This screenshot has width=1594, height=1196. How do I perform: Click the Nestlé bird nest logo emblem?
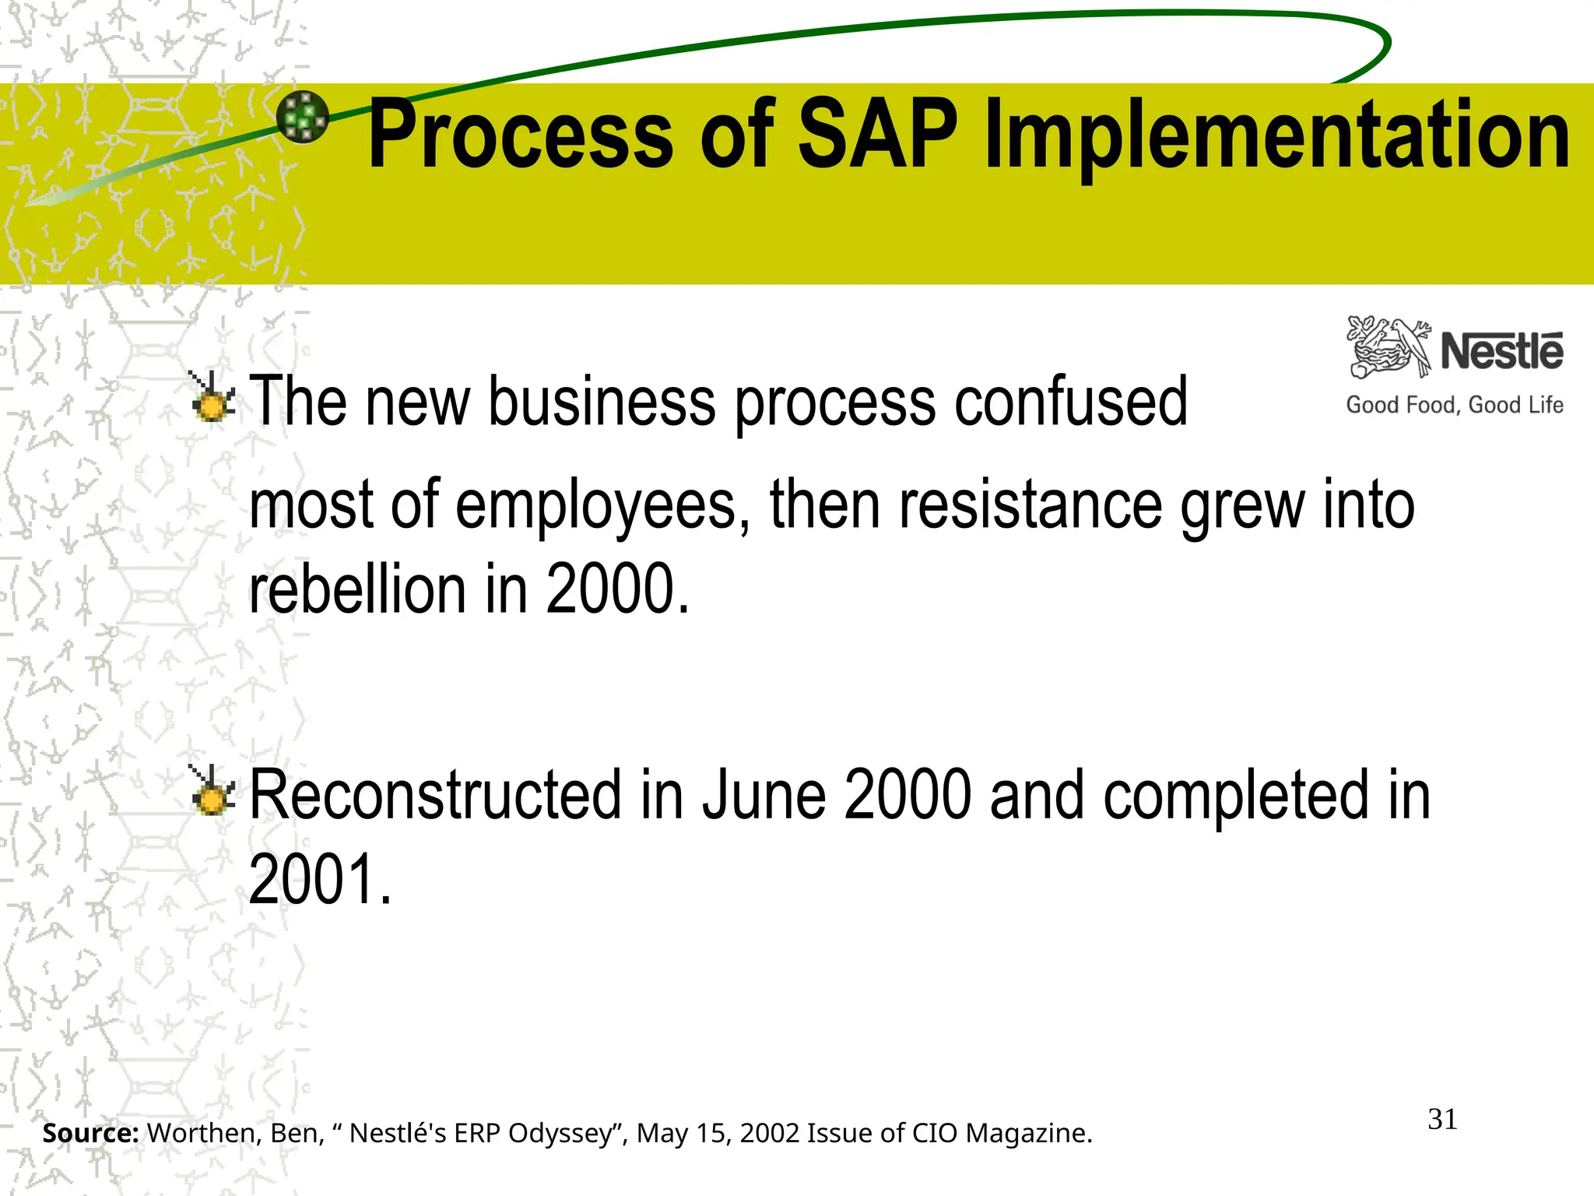point(1389,347)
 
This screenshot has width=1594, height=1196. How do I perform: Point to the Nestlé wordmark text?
point(1501,351)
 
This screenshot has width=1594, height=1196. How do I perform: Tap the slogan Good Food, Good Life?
point(1454,405)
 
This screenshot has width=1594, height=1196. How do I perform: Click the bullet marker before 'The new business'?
point(212,399)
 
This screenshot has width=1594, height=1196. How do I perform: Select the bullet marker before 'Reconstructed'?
point(212,793)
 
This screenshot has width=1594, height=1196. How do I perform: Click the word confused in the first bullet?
point(1071,402)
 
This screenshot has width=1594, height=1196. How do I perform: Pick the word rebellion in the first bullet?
point(357,589)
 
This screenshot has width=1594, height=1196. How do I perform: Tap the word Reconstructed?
point(435,795)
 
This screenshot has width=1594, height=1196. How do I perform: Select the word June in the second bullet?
point(764,795)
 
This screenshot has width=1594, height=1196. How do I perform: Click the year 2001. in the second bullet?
point(319,879)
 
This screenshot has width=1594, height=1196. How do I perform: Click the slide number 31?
point(1442,1120)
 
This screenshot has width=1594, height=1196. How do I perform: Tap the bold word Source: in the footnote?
point(90,1133)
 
